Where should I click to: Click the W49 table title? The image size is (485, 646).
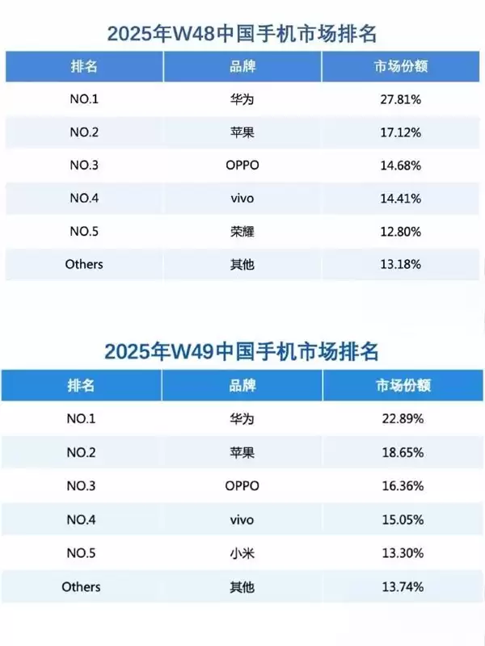point(243,352)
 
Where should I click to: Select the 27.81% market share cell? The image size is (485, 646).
point(402,100)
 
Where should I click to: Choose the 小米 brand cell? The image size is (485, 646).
point(242,553)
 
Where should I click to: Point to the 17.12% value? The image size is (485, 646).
point(402,132)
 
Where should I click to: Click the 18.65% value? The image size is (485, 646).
point(402,452)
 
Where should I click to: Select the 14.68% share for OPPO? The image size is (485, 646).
point(402,165)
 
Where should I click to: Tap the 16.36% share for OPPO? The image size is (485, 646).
point(402,486)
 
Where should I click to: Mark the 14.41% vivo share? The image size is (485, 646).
point(402,197)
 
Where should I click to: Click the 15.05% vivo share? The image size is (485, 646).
point(402,519)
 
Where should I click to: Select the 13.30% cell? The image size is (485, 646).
point(402,553)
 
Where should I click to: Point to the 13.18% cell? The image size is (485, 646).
point(402,263)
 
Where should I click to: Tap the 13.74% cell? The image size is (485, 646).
point(402,587)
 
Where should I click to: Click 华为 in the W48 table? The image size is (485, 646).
point(242,100)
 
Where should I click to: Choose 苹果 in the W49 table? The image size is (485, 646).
point(242,452)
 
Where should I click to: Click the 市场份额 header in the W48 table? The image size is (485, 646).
point(402,66)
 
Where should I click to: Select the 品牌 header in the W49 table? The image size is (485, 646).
point(242,385)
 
